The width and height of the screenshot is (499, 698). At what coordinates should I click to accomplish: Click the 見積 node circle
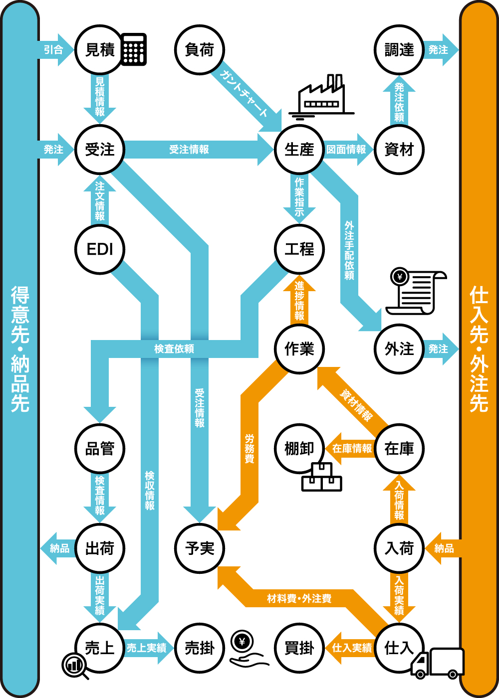coord(100,50)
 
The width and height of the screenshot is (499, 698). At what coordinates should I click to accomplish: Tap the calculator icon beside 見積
coord(134,49)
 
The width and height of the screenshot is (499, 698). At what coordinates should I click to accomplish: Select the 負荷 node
coord(200,50)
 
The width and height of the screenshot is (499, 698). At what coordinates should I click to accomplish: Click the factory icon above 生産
coord(322,97)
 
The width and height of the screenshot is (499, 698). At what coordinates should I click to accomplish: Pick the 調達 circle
coord(399,50)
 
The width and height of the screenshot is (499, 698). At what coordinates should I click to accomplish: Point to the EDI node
coord(100,249)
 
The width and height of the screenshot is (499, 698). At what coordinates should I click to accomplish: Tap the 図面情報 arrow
coord(346,150)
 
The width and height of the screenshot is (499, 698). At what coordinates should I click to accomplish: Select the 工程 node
coord(299,249)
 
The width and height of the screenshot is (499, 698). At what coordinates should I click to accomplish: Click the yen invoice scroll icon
coord(417,292)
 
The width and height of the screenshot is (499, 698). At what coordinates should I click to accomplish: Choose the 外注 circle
coord(399,349)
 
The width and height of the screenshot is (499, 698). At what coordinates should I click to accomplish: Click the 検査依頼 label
coord(174,349)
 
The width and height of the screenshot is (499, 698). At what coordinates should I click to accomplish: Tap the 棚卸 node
coord(299,449)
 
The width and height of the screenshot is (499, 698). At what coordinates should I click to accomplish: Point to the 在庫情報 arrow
coord(352,449)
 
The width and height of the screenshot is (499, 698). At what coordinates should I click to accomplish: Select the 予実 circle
coord(200,548)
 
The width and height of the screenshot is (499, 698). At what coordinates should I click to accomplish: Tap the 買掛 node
coord(299,648)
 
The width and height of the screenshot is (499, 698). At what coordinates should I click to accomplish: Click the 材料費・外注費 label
coord(299,598)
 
